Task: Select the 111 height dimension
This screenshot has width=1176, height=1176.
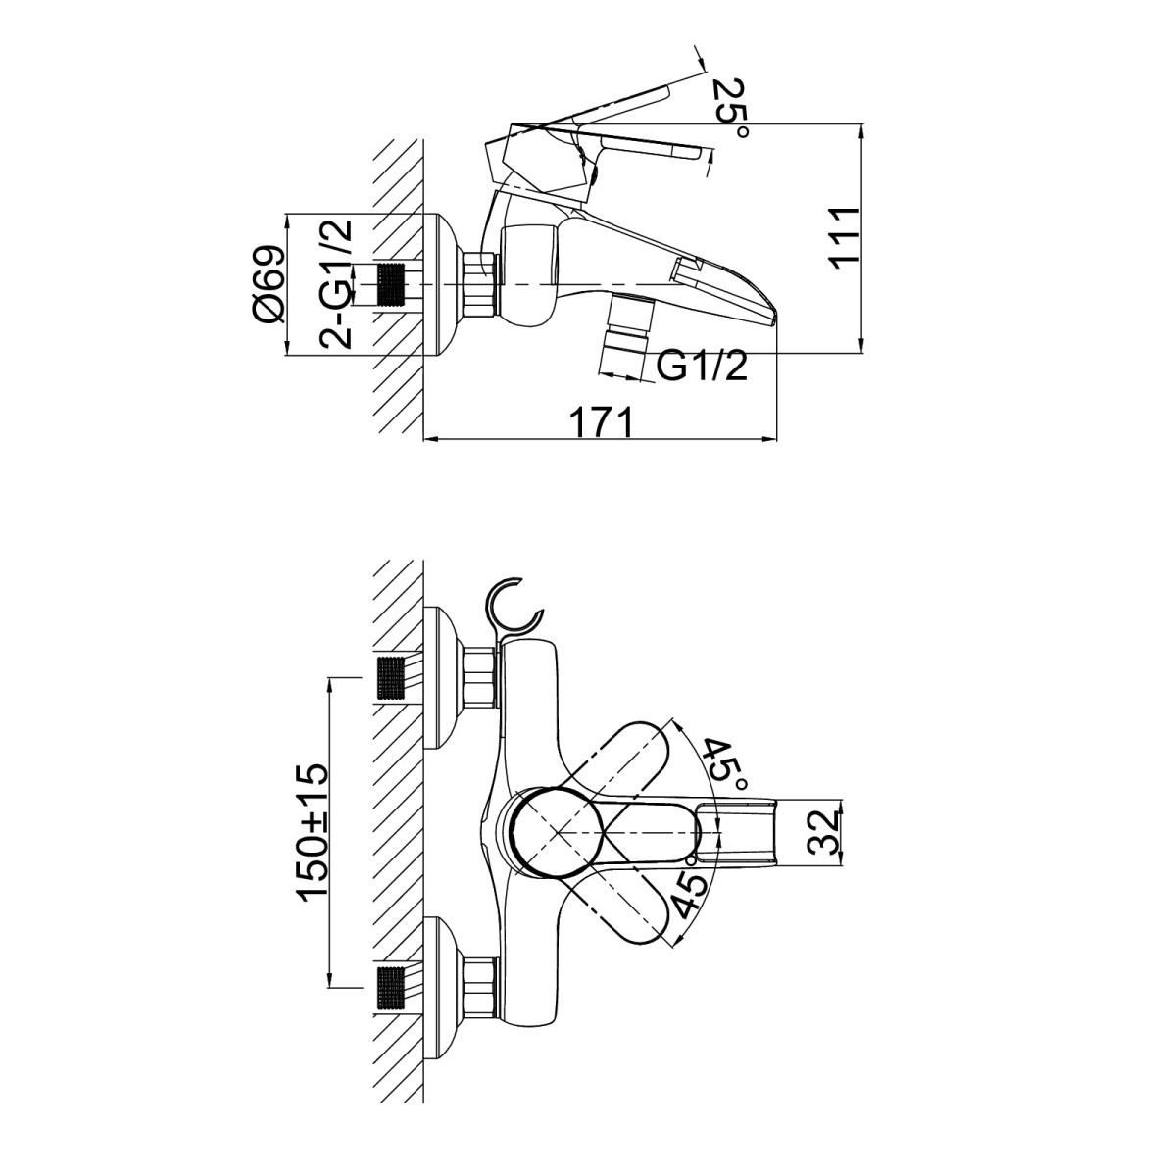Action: click(844, 235)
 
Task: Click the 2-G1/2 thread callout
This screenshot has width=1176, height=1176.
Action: click(336, 284)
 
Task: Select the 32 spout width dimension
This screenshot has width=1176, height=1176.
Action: click(830, 831)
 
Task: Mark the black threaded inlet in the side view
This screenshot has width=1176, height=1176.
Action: click(392, 284)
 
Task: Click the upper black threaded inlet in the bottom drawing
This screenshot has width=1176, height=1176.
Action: click(392, 677)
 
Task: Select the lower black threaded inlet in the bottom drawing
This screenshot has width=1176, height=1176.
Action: click(392, 987)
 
